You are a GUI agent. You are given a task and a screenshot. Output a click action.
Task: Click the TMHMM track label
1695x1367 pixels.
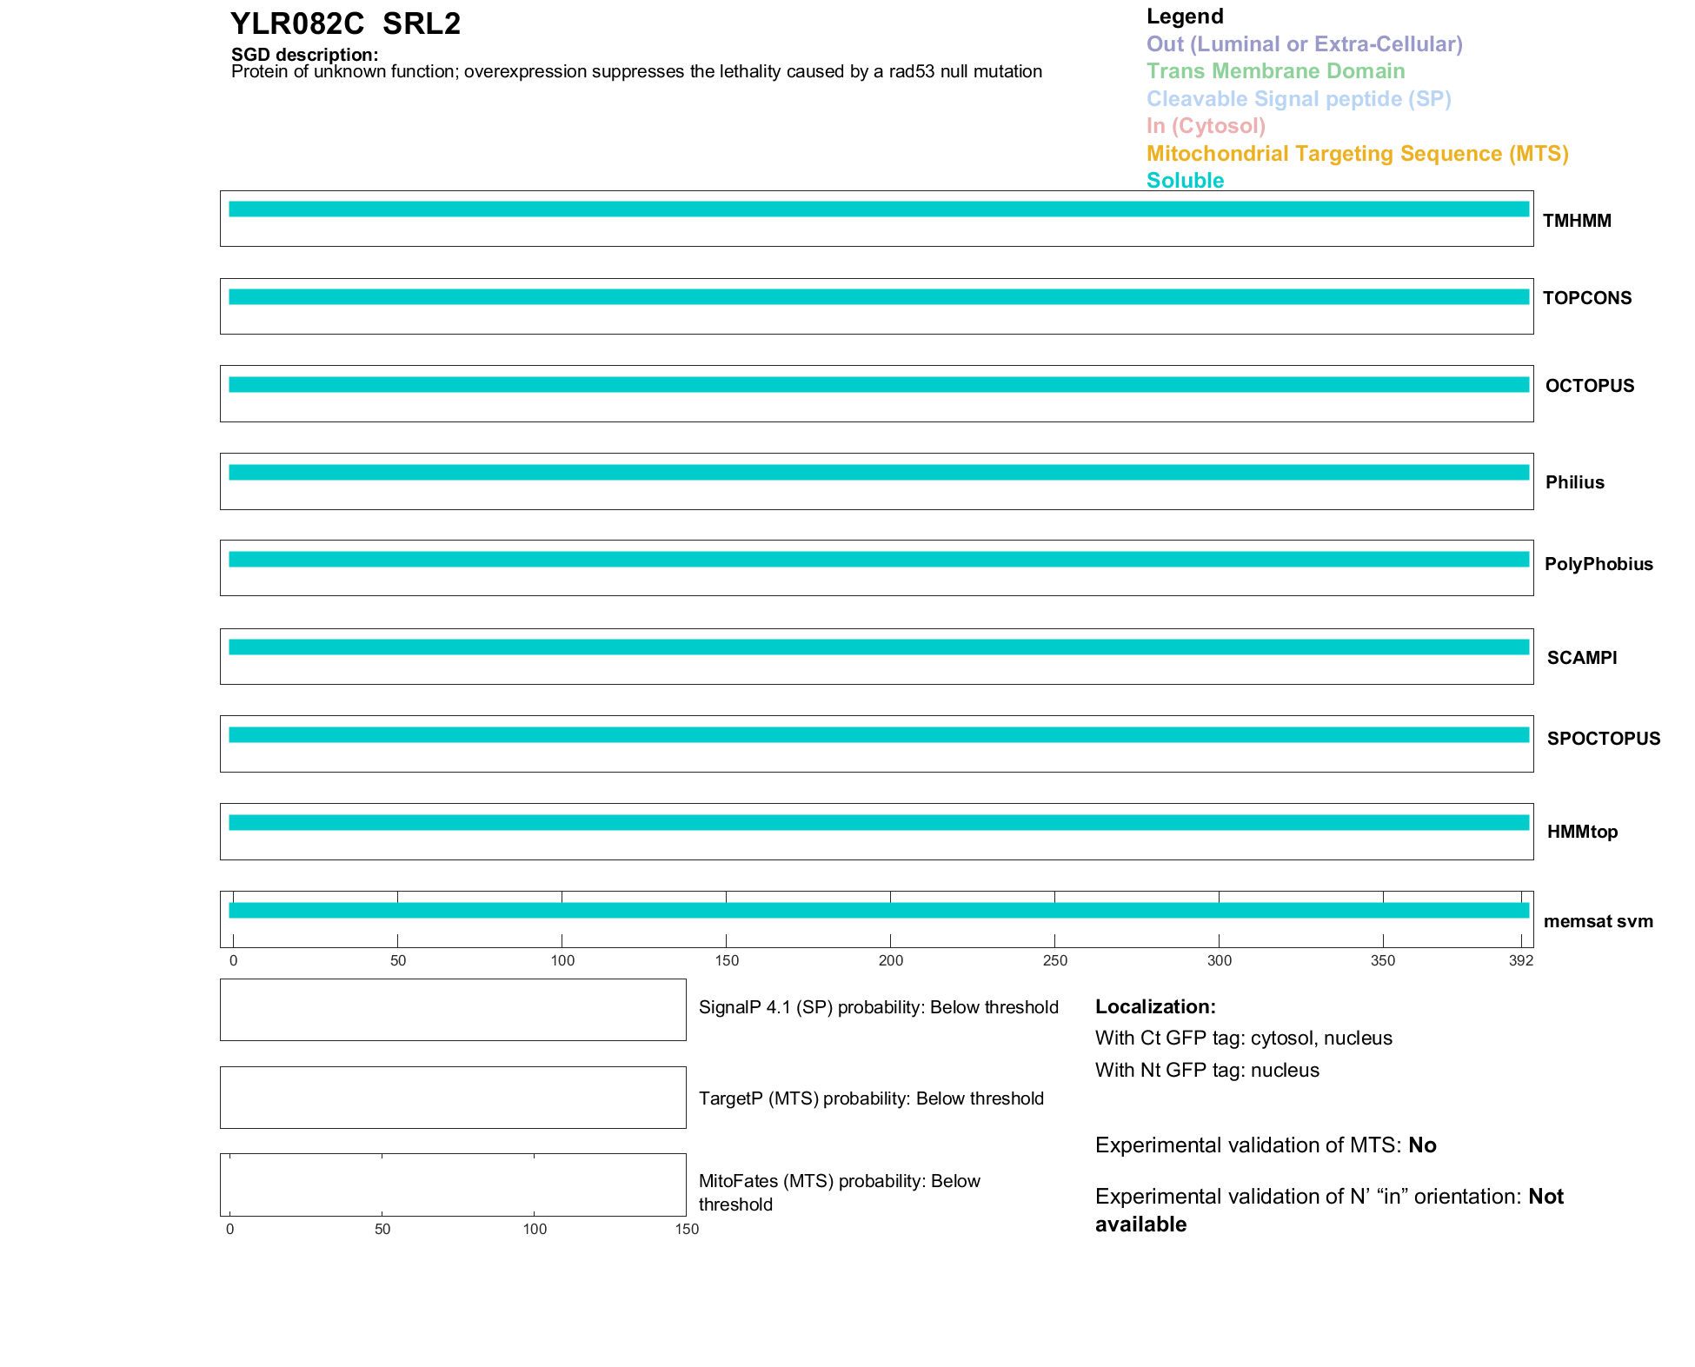[x=1576, y=221]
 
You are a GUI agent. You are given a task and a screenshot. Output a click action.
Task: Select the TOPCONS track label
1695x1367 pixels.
[x=1586, y=298]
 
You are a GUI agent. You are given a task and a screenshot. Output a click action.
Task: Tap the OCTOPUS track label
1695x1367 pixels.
[x=1589, y=386]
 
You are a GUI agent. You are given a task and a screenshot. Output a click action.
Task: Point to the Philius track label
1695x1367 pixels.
[x=1574, y=482]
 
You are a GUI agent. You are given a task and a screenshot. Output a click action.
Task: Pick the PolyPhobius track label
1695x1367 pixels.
[x=1598, y=564]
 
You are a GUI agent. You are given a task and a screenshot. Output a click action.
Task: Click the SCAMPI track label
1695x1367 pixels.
[x=1581, y=658]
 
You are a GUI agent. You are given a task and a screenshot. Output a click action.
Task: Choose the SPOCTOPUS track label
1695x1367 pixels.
[x=1603, y=739]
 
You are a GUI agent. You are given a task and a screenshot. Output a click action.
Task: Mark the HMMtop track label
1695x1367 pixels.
[x=1582, y=832]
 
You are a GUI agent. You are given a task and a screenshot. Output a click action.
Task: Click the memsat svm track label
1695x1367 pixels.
[x=1598, y=921]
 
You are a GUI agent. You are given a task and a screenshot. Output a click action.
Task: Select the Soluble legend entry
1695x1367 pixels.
[x=1185, y=181]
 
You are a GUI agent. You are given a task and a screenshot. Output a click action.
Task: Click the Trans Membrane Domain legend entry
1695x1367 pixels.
[x=1275, y=71]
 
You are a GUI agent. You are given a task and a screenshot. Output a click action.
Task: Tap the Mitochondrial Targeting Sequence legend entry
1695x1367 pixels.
[x=1357, y=154]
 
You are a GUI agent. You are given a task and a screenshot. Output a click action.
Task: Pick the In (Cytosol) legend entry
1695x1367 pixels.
[x=1206, y=126]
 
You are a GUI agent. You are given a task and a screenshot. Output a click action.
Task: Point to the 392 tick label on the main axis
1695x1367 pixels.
[x=1521, y=960]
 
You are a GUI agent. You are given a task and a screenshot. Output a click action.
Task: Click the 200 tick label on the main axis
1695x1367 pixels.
[x=891, y=960]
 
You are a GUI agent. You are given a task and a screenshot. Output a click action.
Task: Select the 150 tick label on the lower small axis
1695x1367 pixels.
[x=687, y=1229]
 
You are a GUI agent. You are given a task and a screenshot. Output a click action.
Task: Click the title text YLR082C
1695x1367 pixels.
[x=297, y=23]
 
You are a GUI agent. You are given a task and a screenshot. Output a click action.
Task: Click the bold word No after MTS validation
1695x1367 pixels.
[x=1422, y=1145]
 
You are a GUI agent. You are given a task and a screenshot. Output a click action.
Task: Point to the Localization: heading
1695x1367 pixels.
[x=1155, y=1006]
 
